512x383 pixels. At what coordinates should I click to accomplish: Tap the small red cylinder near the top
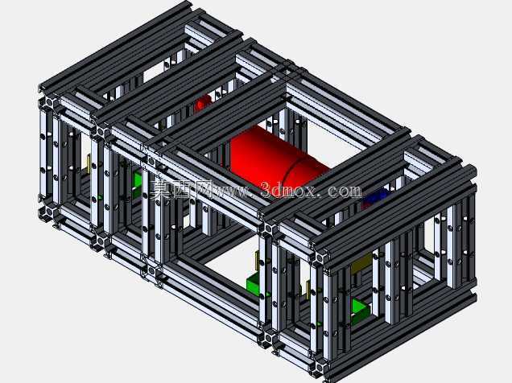click(x=202, y=103)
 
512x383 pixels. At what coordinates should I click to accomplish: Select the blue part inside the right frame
click(x=376, y=196)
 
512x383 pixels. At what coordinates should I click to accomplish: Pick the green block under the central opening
click(x=254, y=283)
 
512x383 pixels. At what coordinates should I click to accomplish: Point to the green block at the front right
click(x=360, y=309)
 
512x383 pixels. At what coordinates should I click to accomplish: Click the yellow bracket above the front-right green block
click(x=361, y=264)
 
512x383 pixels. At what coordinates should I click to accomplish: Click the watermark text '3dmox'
click(x=288, y=190)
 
